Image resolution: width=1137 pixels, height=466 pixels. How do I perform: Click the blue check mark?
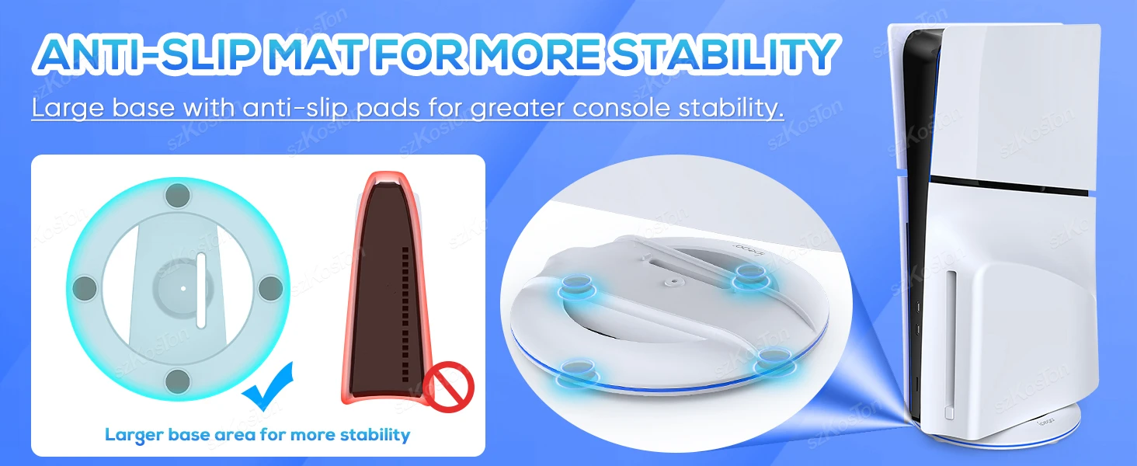click(x=268, y=386)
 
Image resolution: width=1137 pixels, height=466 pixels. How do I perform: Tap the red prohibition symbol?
click(x=448, y=387)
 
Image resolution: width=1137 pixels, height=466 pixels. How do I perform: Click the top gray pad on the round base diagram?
click(x=178, y=195)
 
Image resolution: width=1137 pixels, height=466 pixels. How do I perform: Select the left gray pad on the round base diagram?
click(x=84, y=288)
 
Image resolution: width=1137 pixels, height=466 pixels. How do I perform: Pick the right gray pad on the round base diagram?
click(x=270, y=288)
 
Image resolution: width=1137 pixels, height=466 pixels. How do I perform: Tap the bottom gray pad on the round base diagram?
click(x=178, y=381)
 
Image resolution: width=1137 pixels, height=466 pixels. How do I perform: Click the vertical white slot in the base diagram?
click(x=201, y=290)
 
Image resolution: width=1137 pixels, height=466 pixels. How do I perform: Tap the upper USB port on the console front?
click(x=919, y=308)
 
